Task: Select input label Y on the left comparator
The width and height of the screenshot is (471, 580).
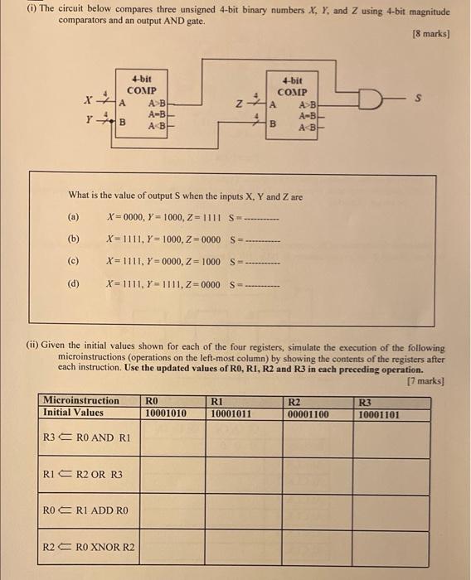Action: [x=87, y=118]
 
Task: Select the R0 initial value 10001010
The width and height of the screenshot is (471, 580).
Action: [x=165, y=413]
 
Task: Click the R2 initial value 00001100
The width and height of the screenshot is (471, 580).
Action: [x=308, y=413]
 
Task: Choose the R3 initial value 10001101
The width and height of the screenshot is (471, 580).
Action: [x=379, y=413]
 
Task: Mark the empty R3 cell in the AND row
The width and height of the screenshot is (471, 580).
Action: [x=390, y=439]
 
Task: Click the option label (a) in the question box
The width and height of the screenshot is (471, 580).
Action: [x=74, y=217]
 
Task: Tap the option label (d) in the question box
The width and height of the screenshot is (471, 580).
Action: [x=74, y=283]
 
